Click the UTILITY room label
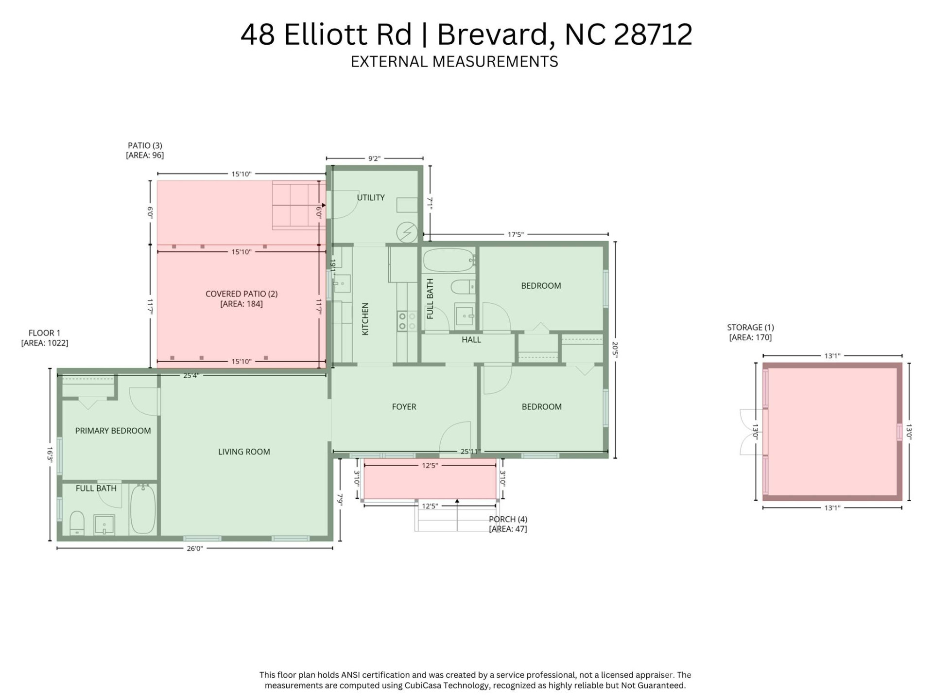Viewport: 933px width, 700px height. click(x=371, y=197)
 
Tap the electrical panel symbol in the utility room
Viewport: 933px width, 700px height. click(x=407, y=232)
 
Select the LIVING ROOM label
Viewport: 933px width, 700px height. click(x=244, y=452)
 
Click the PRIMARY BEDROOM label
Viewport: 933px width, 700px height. click(x=113, y=431)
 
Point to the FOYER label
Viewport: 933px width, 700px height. click(x=404, y=407)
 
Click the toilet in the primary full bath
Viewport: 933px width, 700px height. click(x=77, y=523)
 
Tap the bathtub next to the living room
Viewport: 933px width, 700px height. click(x=143, y=509)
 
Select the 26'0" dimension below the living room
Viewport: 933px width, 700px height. click(x=194, y=548)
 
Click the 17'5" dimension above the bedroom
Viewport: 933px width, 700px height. click(x=515, y=234)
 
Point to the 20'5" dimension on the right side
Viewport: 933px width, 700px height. click(x=615, y=350)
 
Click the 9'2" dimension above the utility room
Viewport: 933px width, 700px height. click(x=374, y=158)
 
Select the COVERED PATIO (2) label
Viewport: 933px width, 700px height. click(x=242, y=294)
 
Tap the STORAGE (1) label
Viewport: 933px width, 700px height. click(x=750, y=328)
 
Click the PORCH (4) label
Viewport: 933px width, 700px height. click(x=508, y=519)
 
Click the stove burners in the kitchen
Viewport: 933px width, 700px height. click(x=407, y=321)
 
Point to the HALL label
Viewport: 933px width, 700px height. click(x=471, y=340)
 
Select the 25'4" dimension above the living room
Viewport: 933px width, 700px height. click(x=191, y=375)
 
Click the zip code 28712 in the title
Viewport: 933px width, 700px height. click(x=653, y=35)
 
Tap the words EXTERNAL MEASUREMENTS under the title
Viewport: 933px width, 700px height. click(x=454, y=62)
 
